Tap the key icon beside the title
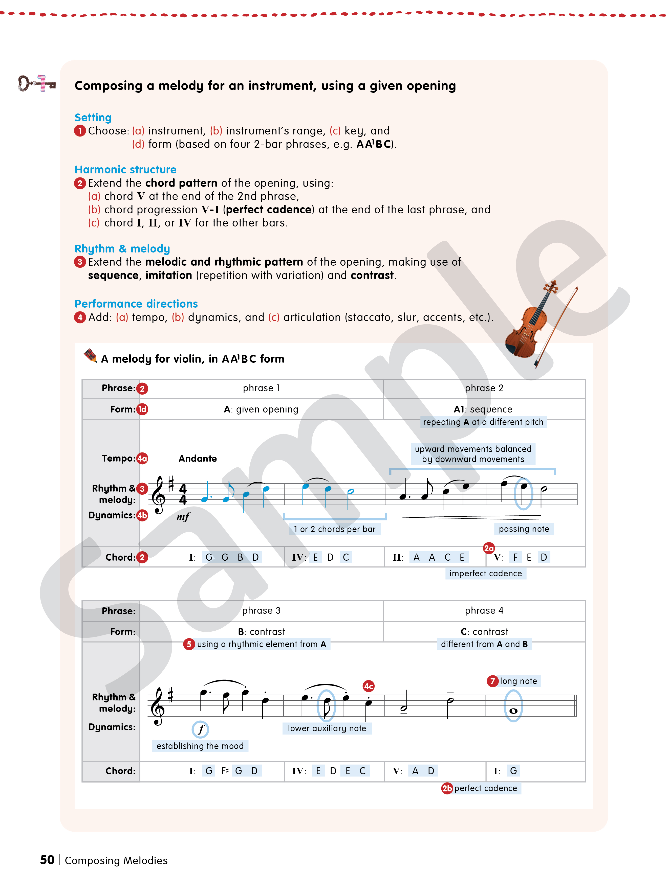(36, 83)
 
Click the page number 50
(47, 860)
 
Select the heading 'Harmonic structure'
(125, 170)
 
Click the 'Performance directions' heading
(136, 304)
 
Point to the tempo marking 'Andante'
(198, 458)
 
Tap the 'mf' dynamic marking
(183, 517)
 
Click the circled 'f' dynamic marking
(200, 729)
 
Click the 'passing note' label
(524, 529)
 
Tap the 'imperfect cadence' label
(485, 573)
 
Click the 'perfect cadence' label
(485, 788)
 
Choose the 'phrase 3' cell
(261, 611)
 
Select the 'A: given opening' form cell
(261, 409)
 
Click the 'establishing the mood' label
(200, 746)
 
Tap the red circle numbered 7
(492, 681)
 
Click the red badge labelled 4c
(369, 686)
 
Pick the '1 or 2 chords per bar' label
(335, 529)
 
